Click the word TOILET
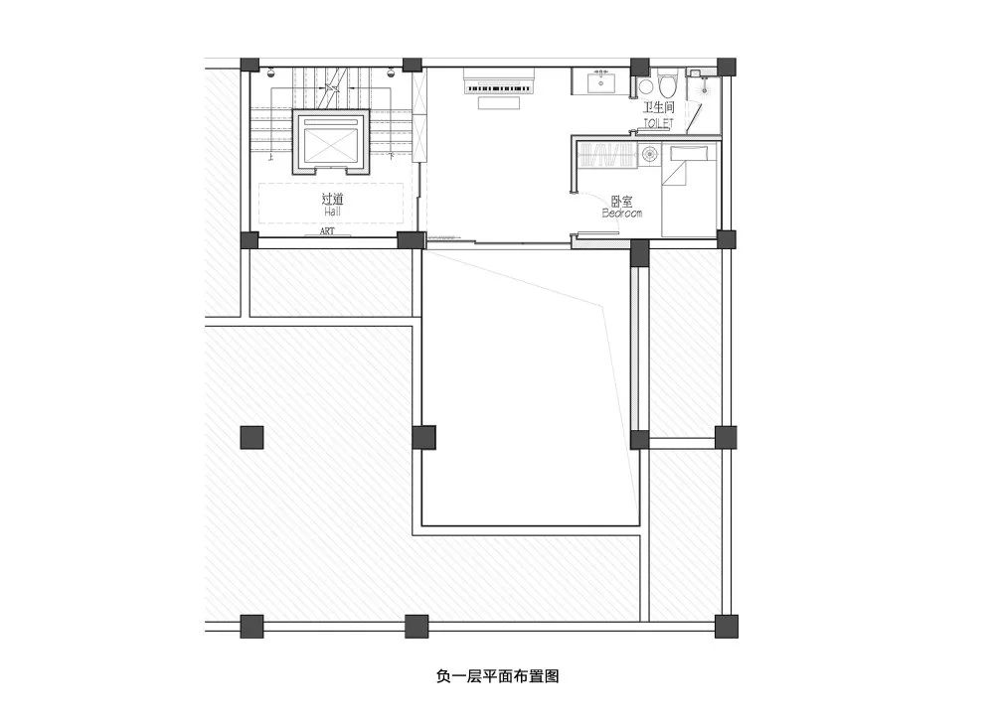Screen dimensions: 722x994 tap(658, 122)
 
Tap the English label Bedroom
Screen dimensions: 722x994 tap(622, 213)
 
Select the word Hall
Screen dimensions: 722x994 tap(333, 212)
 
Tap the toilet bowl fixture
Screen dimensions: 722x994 tap(666, 79)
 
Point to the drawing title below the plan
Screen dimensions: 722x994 tap(497, 677)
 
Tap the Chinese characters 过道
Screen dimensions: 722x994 tap(333, 199)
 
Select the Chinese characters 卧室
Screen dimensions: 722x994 tap(622, 200)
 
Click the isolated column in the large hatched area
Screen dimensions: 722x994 tap(251, 437)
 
